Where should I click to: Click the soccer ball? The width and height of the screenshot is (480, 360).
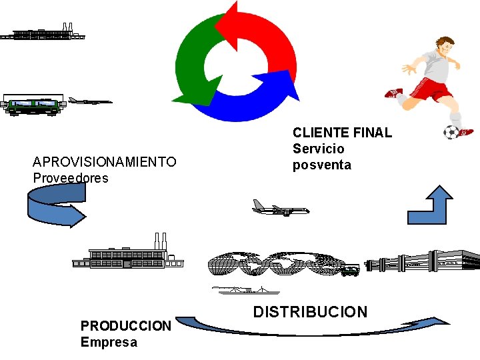(451, 132)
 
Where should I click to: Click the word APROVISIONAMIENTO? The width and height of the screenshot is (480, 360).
(105, 162)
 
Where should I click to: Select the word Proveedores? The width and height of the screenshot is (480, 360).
(70, 178)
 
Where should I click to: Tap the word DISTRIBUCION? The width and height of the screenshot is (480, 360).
(310, 312)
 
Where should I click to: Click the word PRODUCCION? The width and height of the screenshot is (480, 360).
(125, 326)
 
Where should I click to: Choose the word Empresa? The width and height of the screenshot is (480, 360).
(109, 343)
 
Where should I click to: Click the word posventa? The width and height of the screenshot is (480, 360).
(321, 165)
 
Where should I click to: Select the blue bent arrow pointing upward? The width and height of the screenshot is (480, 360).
(431, 207)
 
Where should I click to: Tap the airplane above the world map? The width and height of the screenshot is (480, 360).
(281, 209)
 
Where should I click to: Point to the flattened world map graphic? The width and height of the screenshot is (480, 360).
(280, 263)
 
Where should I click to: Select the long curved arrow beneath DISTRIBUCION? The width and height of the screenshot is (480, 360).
(313, 327)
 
